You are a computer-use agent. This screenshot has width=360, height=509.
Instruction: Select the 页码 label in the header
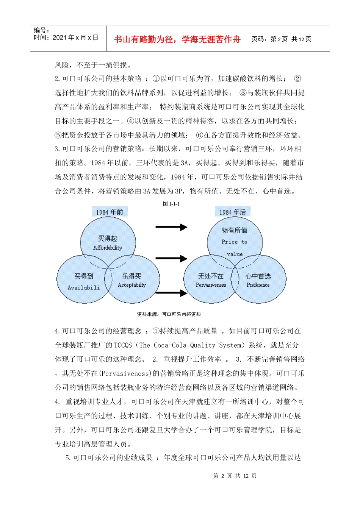[x=259, y=39]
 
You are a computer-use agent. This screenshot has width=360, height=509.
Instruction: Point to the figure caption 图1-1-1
[x=171, y=204]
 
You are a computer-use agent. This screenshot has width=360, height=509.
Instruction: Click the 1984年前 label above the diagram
[x=110, y=212]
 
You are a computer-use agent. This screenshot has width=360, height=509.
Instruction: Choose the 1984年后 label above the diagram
[x=233, y=212]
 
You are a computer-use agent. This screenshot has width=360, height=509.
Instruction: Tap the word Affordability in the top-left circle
[x=108, y=248]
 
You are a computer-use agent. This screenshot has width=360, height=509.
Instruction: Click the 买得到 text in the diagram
[x=84, y=276]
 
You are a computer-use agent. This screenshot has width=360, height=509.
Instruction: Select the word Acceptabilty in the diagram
[x=132, y=285]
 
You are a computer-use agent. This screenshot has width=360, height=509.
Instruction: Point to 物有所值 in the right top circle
[x=235, y=230]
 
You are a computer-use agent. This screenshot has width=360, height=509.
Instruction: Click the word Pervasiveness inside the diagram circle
[x=211, y=285]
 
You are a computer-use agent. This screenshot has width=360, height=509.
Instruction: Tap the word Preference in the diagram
[x=258, y=285]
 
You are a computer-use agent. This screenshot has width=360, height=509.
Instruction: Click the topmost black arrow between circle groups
[x=171, y=227]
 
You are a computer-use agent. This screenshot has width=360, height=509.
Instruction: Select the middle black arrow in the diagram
[x=171, y=259]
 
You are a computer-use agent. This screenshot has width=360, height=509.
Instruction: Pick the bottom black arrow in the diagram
[x=171, y=292]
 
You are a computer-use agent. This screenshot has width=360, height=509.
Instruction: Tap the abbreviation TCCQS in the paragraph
[x=123, y=345]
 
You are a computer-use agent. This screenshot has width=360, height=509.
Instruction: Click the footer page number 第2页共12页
[x=235, y=476]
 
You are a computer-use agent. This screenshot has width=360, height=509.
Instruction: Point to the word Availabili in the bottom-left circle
[x=84, y=287]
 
